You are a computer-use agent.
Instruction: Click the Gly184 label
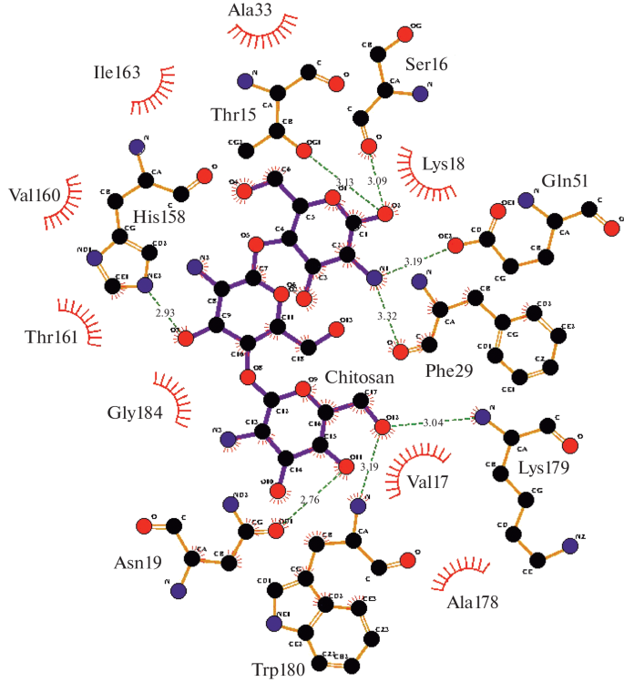click(x=135, y=412)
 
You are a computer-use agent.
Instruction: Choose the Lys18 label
click(x=444, y=164)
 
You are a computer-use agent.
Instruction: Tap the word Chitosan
click(x=361, y=377)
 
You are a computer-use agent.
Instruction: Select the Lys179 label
click(x=543, y=470)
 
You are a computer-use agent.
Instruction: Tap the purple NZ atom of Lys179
click(x=570, y=545)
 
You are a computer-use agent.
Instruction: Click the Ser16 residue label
click(x=426, y=65)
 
